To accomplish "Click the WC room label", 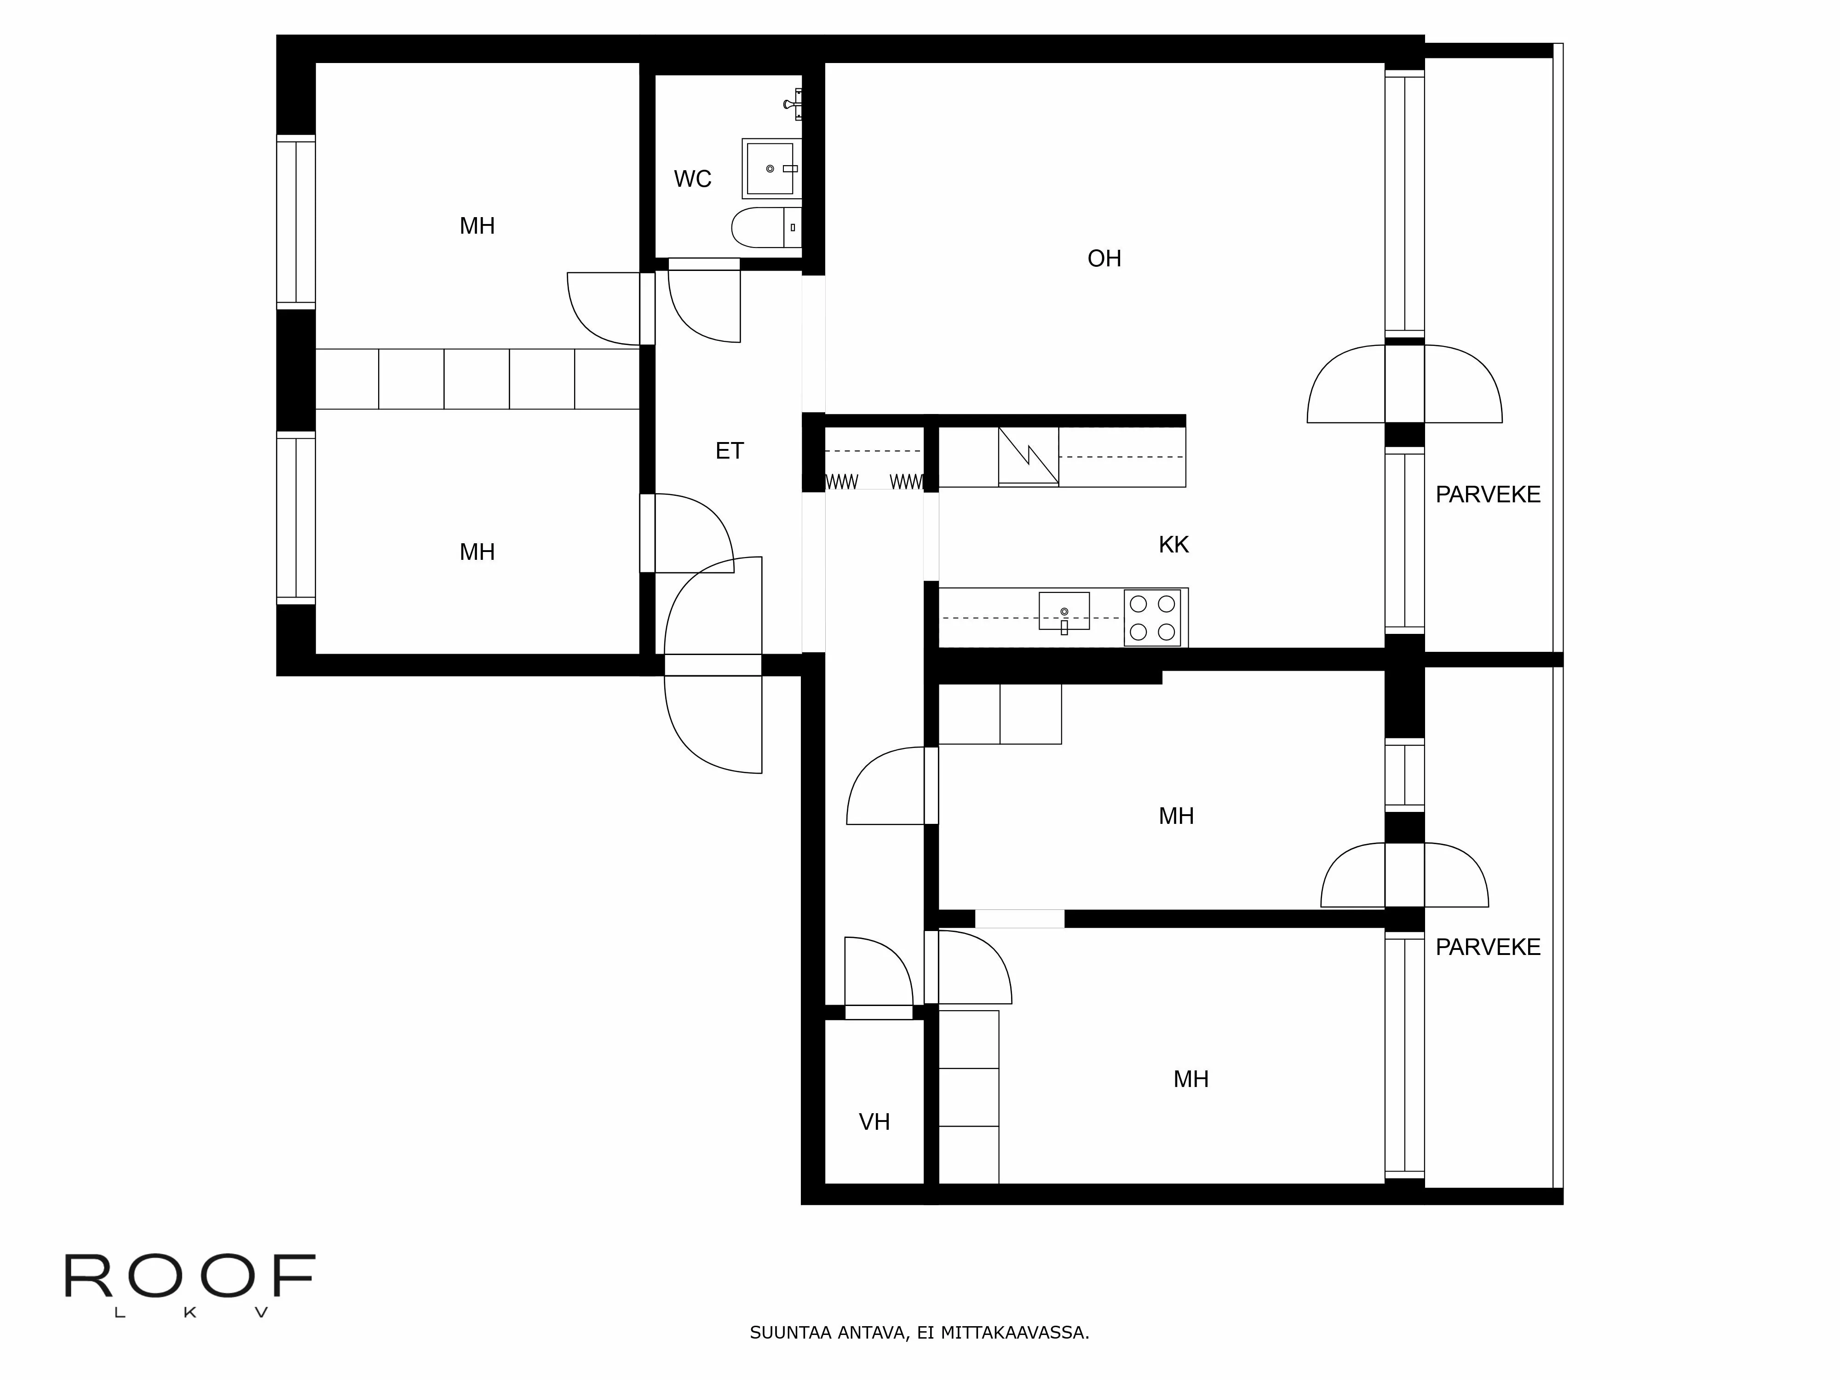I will (x=692, y=179).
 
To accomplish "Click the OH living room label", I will (x=1104, y=259).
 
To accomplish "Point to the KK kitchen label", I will (x=1173, y=545).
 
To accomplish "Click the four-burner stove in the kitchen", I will (x=1152, y=617).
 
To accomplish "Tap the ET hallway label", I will (x=729, y=451).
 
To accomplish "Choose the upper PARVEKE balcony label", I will (x=1487, y=494).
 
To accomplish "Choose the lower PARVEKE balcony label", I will (x=1487, y=947).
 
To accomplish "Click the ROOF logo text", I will (x=190, y=1277).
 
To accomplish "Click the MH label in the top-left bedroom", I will (x=477, y=225).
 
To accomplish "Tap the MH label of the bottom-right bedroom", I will (x=1190, y=1079).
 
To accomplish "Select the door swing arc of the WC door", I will (x=690, y=320).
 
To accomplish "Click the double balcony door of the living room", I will (x=1404, y=384).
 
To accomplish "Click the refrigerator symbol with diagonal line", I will (x=1028, y=456).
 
